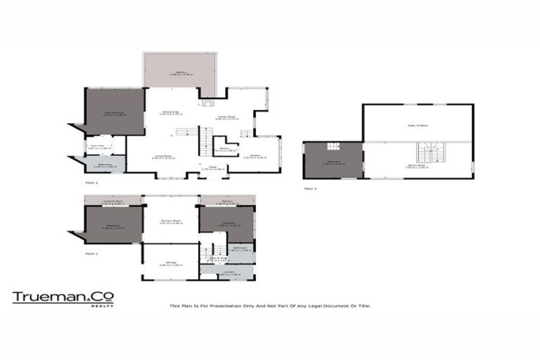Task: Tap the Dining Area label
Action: [x=167, y=112]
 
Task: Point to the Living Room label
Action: [x=164, y=157]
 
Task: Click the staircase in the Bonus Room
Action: [x=428, y=153]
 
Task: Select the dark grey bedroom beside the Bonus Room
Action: [x=333, y=160]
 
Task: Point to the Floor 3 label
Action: [x=310, y=189]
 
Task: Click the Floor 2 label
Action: [x=91, y=183]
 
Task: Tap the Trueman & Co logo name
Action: [x=63, y=297]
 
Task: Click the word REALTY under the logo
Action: [x=105, y=307]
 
